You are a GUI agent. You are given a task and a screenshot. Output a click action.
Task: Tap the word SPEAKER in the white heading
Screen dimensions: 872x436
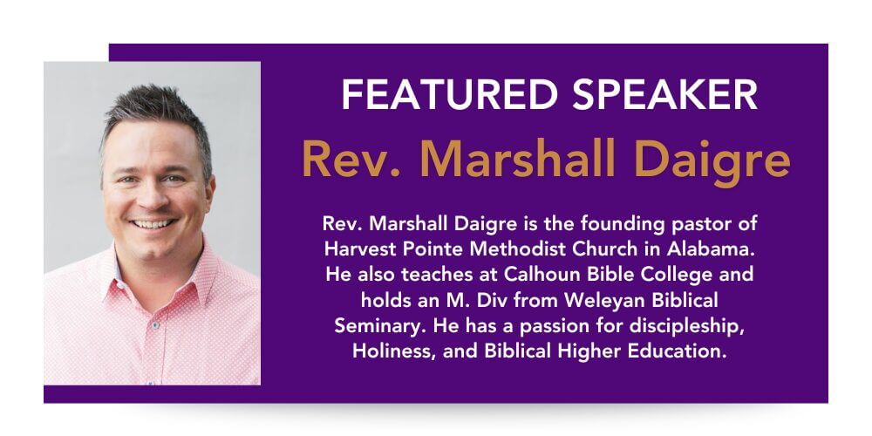(x=665, y=94)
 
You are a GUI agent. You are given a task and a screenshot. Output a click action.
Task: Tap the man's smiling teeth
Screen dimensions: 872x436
(x=153, y=223)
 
